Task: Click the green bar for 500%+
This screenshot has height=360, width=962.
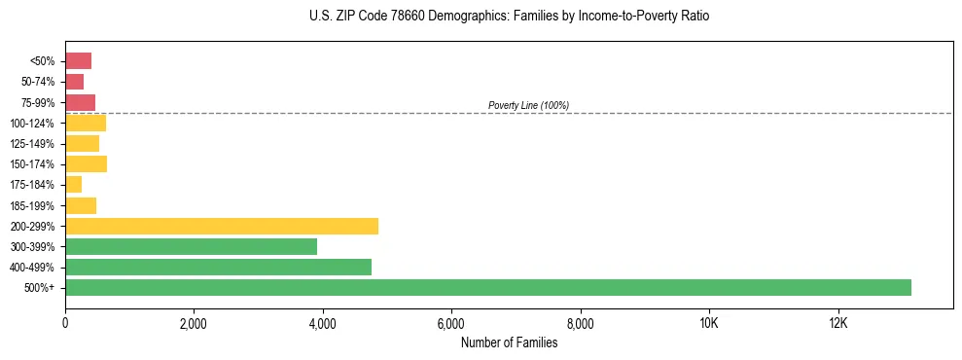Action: tap(487, 287)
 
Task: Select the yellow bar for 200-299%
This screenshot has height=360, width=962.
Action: tap(222, 226)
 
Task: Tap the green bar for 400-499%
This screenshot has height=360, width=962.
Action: tap(218, 267)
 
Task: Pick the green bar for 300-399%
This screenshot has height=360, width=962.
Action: tap(191, 246)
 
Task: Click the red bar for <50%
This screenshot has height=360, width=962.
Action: tap(78, 61)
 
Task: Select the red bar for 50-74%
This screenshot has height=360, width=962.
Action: tap(74, 82)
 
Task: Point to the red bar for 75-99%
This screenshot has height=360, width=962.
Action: tap(80, 102)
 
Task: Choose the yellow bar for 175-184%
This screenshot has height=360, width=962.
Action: tap(73, 184)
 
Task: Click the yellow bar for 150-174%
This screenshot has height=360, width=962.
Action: tap(86, 163)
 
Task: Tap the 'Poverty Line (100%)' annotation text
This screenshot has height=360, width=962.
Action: tap(528, 105)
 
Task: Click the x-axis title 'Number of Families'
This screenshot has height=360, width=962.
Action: tap(509, 342)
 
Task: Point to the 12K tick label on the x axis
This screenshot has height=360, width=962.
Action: tap(837, 324)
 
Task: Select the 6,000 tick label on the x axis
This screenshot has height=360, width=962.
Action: tap(451, 324)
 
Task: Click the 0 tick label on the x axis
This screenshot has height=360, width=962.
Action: tap(65, 324)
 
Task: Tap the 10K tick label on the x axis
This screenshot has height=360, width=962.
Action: tap(709, 324)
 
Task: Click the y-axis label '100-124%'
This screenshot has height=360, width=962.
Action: tap(33, 124)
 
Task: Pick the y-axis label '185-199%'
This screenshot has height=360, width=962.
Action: tap(33, 205)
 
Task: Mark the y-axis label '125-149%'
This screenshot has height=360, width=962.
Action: tap(33, 144)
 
